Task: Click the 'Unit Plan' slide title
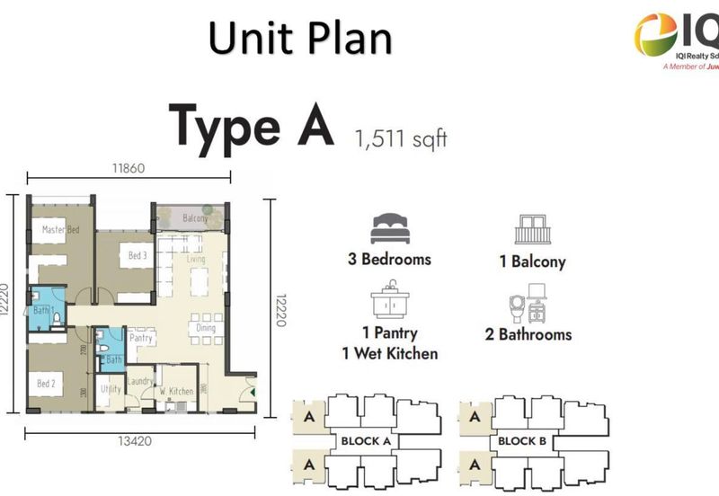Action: tap(300, 39)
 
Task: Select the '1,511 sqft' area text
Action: tap(401, 139)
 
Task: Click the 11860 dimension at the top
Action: tap(129, 168)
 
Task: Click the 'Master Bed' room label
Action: tap(61, 230)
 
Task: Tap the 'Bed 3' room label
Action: tap(138, 256)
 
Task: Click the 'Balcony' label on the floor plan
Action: tap(195, 218)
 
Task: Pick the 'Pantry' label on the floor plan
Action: tap(141, 339)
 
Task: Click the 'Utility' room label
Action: tap(111, 389)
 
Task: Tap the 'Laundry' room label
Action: tap(139, 381)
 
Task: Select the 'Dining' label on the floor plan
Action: tap(207, 329)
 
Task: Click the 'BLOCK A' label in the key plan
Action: tap(365, 441)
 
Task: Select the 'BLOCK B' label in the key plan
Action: tap(522, 441)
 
